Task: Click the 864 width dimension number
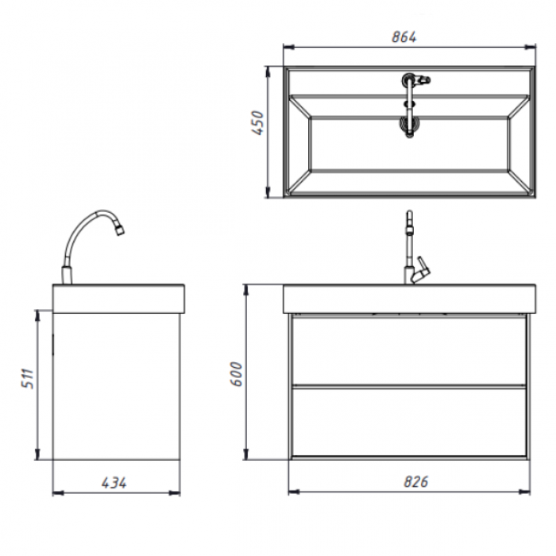403,37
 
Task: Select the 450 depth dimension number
258,122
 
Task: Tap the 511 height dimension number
28,379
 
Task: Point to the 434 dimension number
114,483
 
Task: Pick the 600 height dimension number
236,374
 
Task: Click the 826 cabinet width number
416,482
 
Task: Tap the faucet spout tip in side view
120,230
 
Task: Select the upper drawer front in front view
409,350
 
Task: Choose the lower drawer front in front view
409,422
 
